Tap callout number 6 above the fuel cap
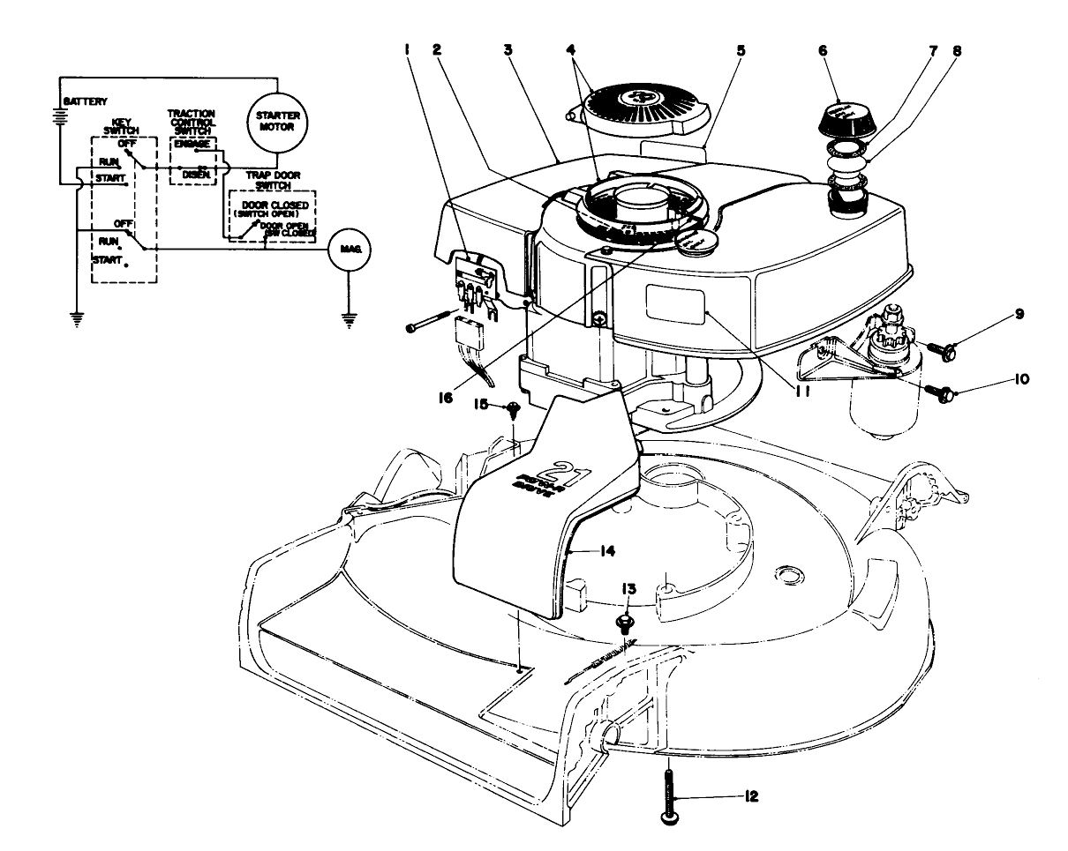[x=823, y=51]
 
